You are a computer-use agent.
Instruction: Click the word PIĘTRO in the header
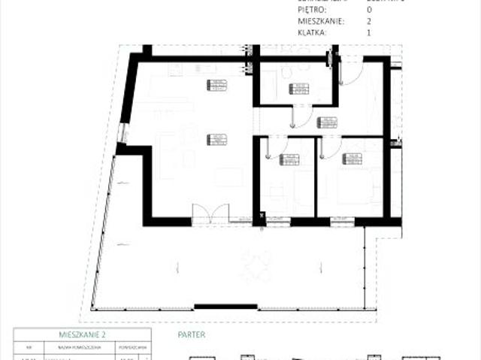pyautogui.click(x=312, y=10)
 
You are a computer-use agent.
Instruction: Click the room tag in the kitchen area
pyautogui.click(x=216, y=86)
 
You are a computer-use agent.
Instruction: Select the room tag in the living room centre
pyautogui.click(x=217, y=139)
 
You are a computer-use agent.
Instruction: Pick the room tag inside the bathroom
pyautogui.click(x=298, y=89)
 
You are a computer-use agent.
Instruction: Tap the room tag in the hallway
pyautogui.click(x=327, y=123)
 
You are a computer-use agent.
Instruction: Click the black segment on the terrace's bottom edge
pyautogui.click(x=225, y=307)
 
